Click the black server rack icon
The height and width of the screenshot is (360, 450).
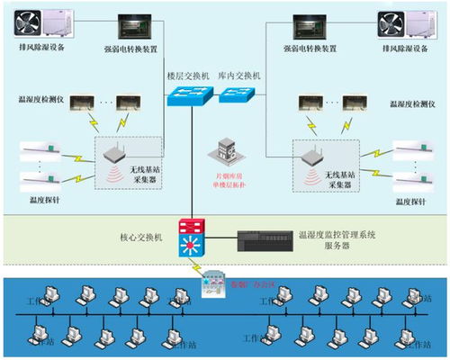(264, 240)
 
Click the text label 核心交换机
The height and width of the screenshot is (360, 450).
(141, 237)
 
